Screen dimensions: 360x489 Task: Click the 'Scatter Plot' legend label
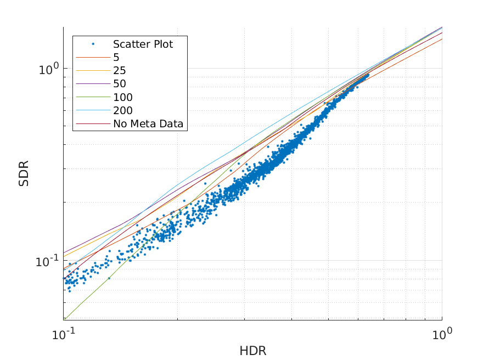[x=143, y=44]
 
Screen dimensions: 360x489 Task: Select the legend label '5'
[x=116, y=57]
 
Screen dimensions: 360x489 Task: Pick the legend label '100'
[x=122, y=97]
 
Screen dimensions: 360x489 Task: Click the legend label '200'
[x=122, y=110]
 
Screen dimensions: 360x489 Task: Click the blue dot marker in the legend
[x=93, y=44]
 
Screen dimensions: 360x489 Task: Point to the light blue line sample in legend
[x=93, y=110]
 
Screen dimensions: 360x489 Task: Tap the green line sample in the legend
[x=93, y=97]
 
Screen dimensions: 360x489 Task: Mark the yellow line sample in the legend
[x=93, y=71]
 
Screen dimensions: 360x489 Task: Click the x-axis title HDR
[x=252, y=351]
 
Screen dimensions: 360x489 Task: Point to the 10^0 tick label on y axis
[x=48, y=69]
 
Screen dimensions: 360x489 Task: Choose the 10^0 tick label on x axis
[x=441, y=333]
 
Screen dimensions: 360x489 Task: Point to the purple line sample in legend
[x=93, y=84]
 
